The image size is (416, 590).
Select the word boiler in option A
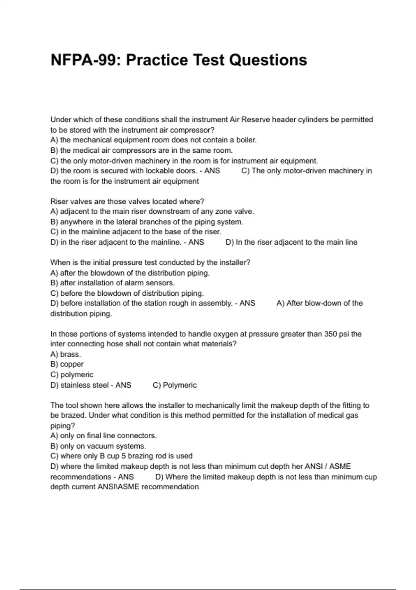(246, 140)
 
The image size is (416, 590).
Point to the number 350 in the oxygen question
(331, 334)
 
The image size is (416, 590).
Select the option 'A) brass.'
(66, 354)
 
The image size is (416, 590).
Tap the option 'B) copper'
(67, 364)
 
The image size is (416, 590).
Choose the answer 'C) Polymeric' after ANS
(174, 385)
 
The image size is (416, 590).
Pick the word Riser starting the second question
(59, 202)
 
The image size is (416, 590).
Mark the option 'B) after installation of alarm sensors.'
(112, 283)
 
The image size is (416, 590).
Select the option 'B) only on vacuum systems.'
(98, 446)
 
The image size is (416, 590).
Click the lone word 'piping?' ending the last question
(63, 426)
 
